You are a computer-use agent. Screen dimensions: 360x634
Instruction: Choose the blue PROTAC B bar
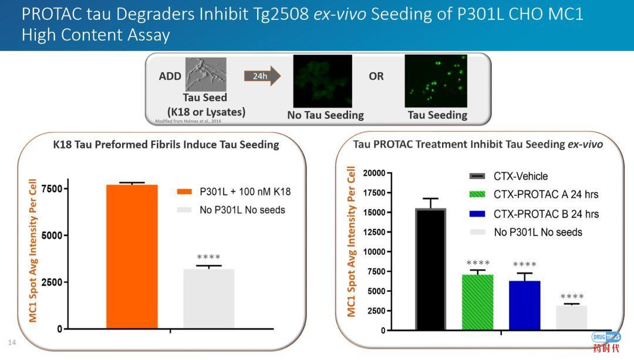point(524,305)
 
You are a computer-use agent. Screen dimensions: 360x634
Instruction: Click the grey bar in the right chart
point(571,317)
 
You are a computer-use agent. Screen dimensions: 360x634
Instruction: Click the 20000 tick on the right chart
point(374,173)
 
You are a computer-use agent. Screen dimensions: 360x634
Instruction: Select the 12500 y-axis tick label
point(374,232)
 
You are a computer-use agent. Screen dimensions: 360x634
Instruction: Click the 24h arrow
point(262,76)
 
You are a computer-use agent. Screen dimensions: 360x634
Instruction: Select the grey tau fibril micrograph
point(205,74)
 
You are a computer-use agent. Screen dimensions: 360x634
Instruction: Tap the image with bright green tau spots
point(436,81)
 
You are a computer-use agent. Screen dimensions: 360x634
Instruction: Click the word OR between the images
point(376,76)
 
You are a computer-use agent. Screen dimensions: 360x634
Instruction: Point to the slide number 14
point(11,342)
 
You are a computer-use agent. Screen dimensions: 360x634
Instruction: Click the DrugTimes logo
point(606,341)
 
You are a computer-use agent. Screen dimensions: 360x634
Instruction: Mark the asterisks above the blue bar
point(524,265)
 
